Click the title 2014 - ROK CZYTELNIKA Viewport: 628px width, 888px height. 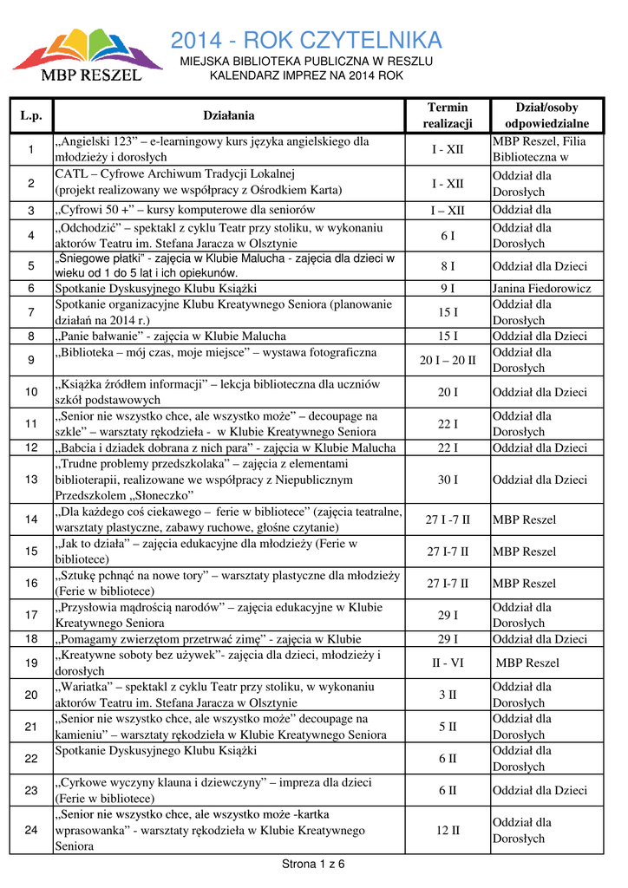pos(306,40)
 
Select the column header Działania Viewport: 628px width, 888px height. pos(229,115)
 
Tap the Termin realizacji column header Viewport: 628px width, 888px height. pos(448,115)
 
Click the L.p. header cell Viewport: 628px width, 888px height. pos(31,115)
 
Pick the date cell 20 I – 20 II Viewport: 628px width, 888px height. pos(448,361)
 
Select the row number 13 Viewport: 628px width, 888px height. pos(31,480)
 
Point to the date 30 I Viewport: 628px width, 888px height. pos(448,480)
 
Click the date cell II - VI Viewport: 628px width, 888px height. pos(448,663)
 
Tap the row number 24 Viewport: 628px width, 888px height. pos(31,830)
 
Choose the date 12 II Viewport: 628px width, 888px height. pos(448,830)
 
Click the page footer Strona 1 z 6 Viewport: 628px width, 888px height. pos(314,864)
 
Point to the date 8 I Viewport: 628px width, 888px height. pos(448,266)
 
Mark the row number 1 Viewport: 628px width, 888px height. pos(31,149)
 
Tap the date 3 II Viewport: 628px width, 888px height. pos(448,695)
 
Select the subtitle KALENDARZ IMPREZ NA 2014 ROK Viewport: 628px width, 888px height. pos(306,76)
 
